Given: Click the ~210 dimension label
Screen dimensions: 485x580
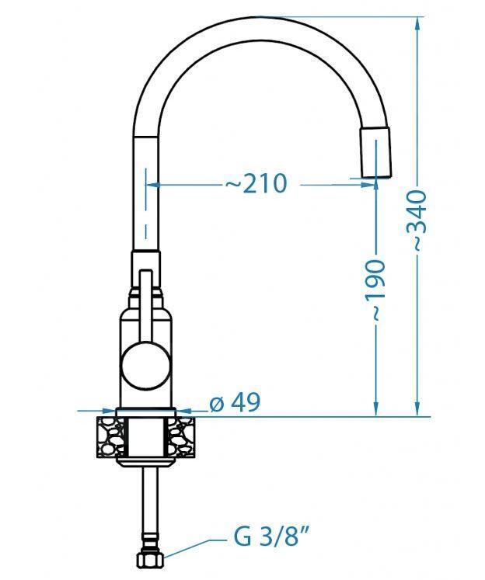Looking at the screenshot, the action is click(256, 183).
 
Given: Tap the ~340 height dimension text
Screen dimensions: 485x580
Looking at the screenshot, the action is click(418, 221).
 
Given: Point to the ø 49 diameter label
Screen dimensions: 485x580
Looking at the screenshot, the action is click(235, 402).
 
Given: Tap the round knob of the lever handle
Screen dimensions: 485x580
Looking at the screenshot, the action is click(146, 365).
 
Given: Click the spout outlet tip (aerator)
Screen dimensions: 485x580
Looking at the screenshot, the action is click(375, 152).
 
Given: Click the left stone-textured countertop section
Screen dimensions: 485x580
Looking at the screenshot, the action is click(111, 436).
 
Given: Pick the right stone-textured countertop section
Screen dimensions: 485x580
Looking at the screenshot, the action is click(181, 436).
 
